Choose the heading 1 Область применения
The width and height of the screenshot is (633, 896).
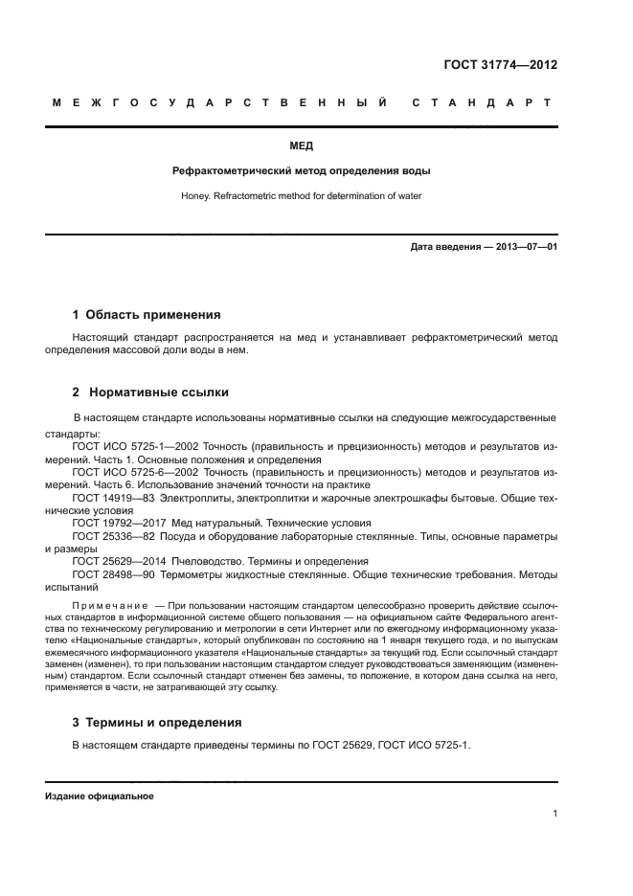pos(147,314)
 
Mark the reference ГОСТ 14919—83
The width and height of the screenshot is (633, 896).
pos(111,498)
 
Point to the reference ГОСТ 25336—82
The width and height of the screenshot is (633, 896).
pos(111,536)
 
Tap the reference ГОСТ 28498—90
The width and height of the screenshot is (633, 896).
pos(111,574)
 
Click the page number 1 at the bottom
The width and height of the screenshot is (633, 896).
pos(554,814)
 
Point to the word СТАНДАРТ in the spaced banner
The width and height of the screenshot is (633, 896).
pos(481,101)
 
